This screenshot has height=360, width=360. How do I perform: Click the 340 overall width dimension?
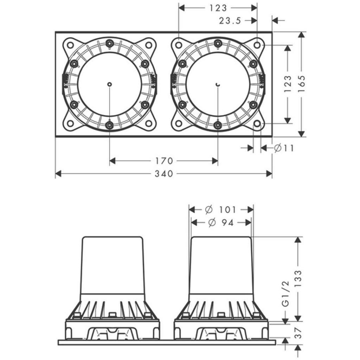(x=164, y=174)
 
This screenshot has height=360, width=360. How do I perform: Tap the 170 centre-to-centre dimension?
(x=164, y=161)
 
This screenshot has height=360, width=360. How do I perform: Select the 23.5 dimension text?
(x=230, y=21)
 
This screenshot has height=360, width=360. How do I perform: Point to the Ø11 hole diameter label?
(x=284, y=148)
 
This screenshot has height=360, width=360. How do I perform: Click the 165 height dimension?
(x=301, y=84)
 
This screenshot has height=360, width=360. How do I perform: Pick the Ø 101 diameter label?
(x=220, y=210)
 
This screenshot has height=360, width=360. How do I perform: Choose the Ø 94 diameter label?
(x=221, y=223)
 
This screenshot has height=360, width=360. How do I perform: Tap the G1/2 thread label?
(x=285, y=294)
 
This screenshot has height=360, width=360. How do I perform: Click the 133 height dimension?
(x=298, y=278)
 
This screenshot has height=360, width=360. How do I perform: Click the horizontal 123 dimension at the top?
(x=218, y=8)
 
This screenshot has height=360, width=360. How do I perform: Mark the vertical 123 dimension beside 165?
(x=288, y=84)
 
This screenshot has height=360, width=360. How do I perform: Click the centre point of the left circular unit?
(x=110, y=84)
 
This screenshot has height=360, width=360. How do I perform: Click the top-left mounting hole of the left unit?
(x=70, y=45)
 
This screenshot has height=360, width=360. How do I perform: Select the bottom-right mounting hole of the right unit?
(x=257, y=123)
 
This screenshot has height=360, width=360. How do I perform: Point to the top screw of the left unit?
(x=110, y=43)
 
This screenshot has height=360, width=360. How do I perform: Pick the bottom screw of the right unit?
(x=218, y=125)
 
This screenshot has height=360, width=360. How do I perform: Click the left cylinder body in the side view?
(x=112, y=265)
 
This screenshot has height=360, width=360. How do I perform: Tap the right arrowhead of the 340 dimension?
(x=269, y=174)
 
